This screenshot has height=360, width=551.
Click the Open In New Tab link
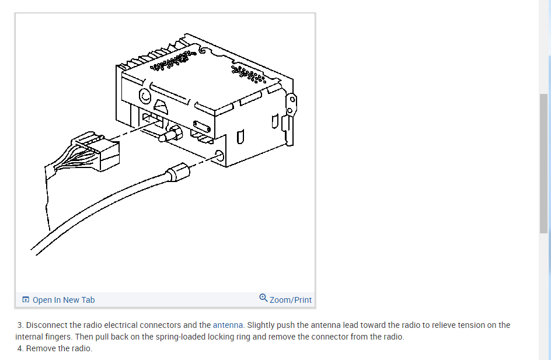coord(63,300)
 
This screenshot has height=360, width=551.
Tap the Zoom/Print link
coord(291,300)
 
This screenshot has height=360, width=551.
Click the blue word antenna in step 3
coord(228,325)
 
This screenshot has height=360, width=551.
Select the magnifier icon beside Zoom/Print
coord(264,298)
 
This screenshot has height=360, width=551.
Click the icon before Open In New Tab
coord(26,300)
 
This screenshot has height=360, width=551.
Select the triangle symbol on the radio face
coord(161,107)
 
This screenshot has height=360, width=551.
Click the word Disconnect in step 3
coord(46,325)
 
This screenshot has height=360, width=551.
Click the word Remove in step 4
coord(41,348)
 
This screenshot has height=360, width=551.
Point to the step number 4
coord(20,348)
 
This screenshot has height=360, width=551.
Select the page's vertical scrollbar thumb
coord(544,163)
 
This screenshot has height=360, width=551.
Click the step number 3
coord(20,325)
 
